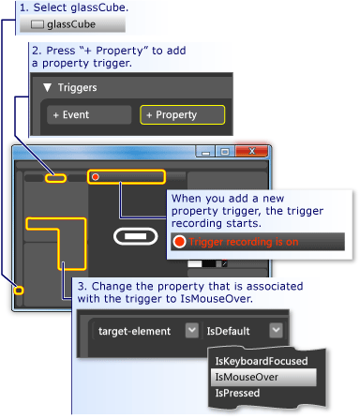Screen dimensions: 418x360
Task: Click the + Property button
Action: [x=183, y=114]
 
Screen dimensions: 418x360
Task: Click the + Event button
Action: [x=89, y=114]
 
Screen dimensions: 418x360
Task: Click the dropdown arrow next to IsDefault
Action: [x=275, y=330]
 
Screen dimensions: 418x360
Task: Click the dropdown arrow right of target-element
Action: [x=191, y=330]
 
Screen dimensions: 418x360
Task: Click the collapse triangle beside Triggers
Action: [x=46, y=88]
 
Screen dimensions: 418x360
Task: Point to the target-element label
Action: [x=134, y=330]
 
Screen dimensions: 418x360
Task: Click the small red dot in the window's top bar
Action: [x=95, y=176]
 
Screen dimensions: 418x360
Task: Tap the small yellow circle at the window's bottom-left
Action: [x=18, y=291]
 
